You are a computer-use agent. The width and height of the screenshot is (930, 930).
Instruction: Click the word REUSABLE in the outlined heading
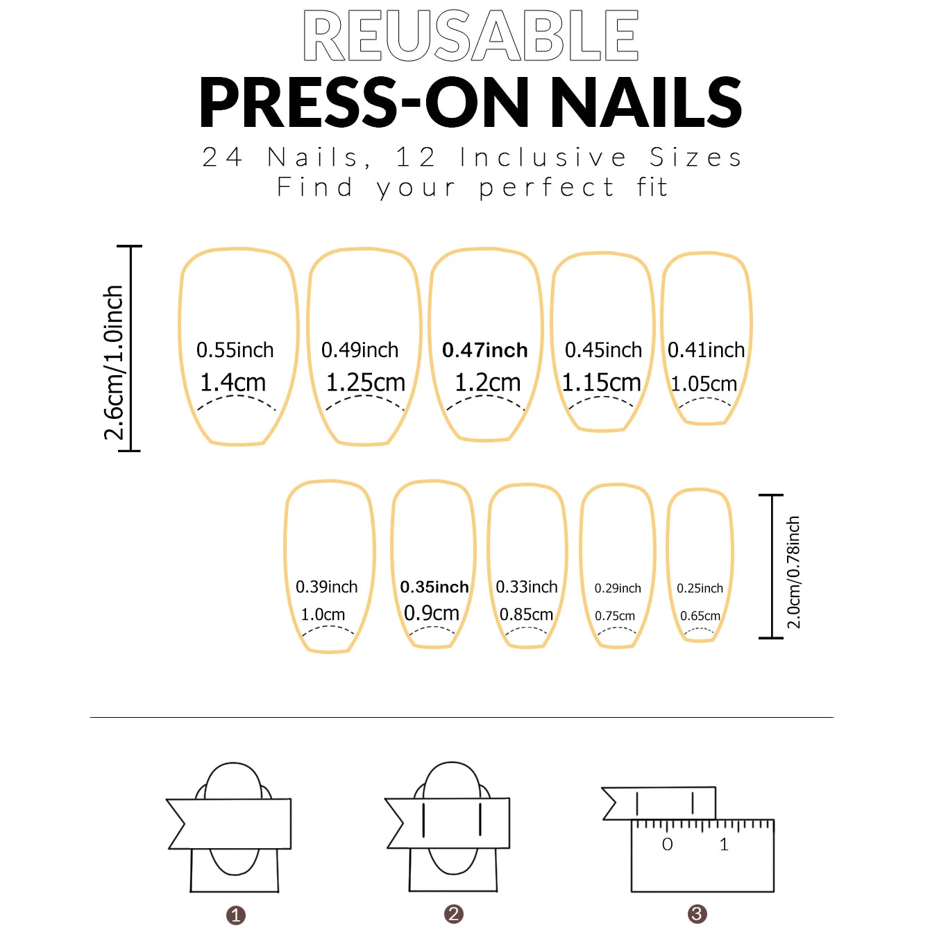(471, 36)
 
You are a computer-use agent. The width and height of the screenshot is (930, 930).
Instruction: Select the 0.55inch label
(235, 350)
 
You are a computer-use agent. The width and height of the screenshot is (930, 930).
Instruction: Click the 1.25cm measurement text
(366, 382)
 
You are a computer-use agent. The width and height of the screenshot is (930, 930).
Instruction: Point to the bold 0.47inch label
(485, 350)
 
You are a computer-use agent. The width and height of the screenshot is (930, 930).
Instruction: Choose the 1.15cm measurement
(602, 382)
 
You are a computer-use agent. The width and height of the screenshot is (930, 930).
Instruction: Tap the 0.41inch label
(706, 350)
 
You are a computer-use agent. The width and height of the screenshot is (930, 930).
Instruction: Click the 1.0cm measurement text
(323, 614)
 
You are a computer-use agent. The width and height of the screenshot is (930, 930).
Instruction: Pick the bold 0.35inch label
(434, 587)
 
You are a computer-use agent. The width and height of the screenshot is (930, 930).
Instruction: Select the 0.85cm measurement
(527, 614)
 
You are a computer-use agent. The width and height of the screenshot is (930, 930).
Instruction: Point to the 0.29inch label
(618, 588)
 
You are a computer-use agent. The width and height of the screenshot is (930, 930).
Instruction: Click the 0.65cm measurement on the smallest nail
(700, 616)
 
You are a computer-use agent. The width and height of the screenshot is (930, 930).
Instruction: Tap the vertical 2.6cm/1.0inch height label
(114, 363)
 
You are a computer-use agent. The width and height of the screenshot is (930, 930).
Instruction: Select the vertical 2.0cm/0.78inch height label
(793, 572)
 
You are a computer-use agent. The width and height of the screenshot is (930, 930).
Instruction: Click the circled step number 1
(236, 915)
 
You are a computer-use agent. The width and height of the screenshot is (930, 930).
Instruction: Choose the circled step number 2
(454, 914)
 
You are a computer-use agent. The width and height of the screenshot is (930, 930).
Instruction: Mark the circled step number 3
(697, 914)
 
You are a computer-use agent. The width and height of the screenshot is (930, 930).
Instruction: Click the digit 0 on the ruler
(668, 844)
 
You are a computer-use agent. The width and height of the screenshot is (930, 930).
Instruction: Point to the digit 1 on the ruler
(724, 844)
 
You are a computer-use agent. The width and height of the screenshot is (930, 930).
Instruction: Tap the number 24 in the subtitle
(222, 157)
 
